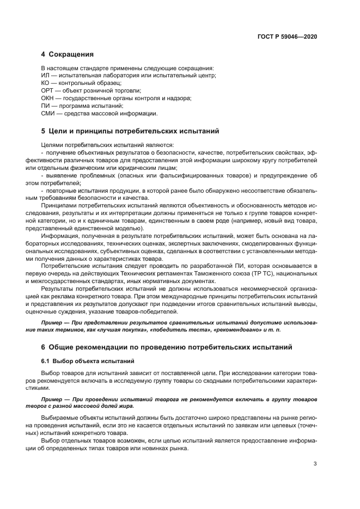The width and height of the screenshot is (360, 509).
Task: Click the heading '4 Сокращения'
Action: [68, 54]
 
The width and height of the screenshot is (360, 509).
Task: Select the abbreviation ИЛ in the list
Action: [45, 75]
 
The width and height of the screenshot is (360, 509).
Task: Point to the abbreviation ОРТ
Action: [47, 90]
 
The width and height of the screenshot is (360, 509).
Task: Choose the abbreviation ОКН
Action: [47, 98]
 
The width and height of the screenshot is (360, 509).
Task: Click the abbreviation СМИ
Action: [48, 113]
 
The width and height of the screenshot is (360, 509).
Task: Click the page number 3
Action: [315, 463]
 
